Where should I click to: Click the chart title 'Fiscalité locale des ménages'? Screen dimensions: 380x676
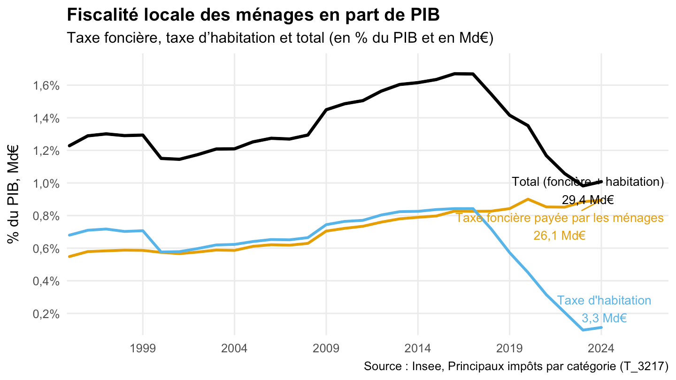253,15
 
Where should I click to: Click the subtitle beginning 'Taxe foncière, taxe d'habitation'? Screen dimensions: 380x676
280,38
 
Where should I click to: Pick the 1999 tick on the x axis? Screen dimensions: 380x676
143,349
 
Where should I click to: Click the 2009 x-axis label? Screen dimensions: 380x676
326,349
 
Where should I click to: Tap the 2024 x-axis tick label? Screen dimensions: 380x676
601,349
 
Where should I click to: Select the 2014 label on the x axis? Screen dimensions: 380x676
417,349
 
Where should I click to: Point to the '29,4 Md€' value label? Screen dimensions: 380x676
588,200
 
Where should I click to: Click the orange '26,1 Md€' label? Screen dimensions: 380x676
560,236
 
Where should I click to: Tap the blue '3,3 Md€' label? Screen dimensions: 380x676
604,318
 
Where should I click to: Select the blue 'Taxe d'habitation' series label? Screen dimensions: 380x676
604,301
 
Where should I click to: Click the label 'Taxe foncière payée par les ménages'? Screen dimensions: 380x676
560,218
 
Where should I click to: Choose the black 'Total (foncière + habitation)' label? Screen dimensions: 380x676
588,182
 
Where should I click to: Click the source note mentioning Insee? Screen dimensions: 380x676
516,366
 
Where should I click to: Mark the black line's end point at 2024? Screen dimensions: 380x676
601,182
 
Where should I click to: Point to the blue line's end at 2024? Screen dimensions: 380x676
601,327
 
